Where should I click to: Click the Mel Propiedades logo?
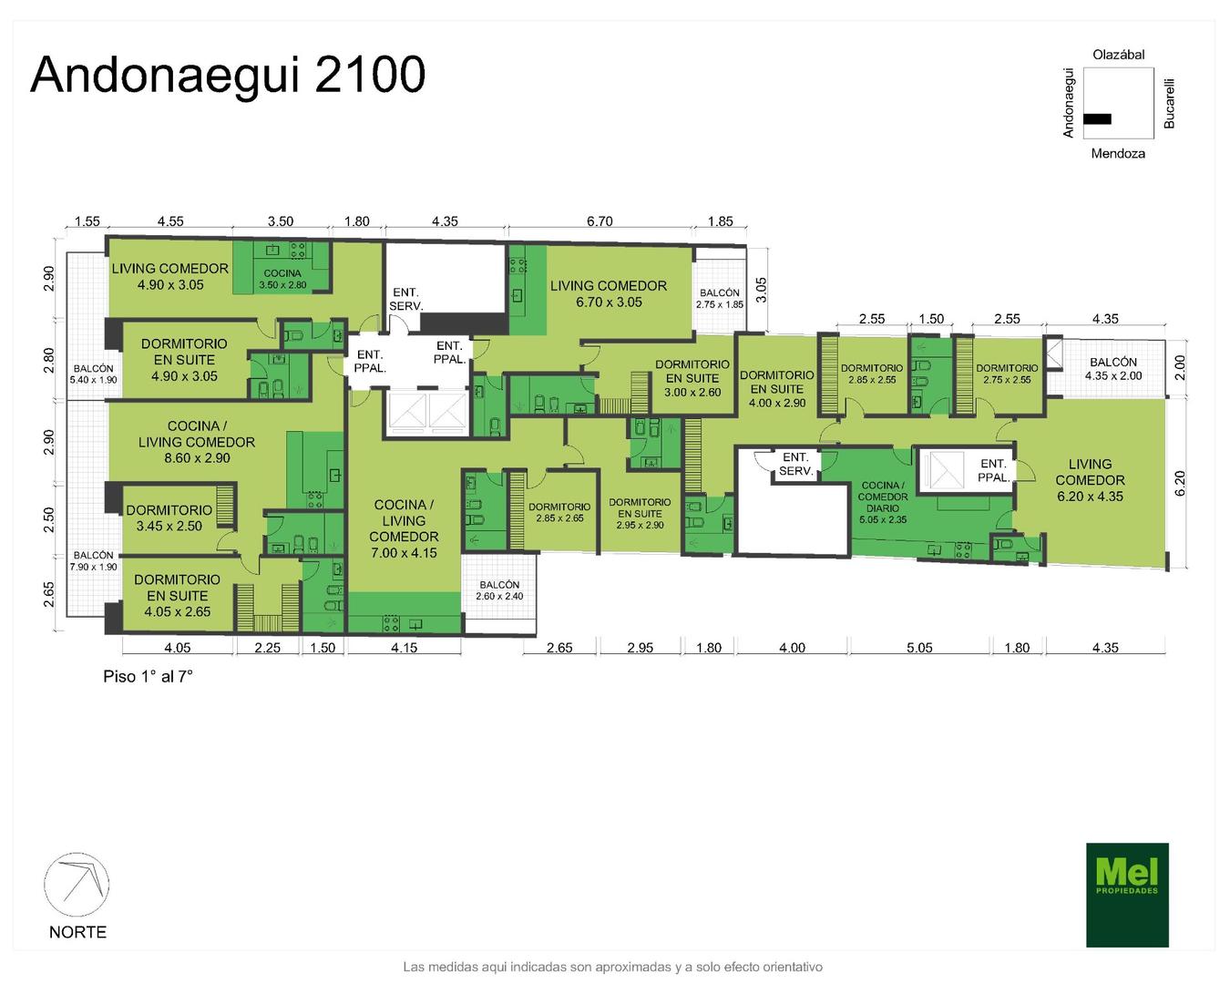tap(1126, 894)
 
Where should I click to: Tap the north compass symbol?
tap(77, 885)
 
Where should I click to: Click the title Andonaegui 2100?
tap(228, 75)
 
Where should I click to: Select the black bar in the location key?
tap(1097, 119)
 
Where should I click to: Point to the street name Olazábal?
tap(1119, 55)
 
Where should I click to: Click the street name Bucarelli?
tap(1169, 104)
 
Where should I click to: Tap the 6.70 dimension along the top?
tap(600, 221)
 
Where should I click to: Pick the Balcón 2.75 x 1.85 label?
tap(720, 299)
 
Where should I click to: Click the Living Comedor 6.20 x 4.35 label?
tap(1090, 480)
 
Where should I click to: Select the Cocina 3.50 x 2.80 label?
tap(283, 279)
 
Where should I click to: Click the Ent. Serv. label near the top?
tap(405, 299)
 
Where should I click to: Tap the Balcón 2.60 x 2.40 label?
tap(499, 590)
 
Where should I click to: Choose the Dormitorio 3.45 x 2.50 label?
tap(169, 518)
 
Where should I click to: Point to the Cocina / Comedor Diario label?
tap(883, 503)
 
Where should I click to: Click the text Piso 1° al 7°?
tap(148, 676)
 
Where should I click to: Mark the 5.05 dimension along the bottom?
tap(919, 648)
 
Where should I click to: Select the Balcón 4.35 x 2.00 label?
tap(1113, 369)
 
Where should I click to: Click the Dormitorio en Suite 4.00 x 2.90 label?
tap(777, 389)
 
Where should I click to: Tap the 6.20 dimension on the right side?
tap(1180, 483)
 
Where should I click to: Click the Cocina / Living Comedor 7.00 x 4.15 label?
tap(404, 528)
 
